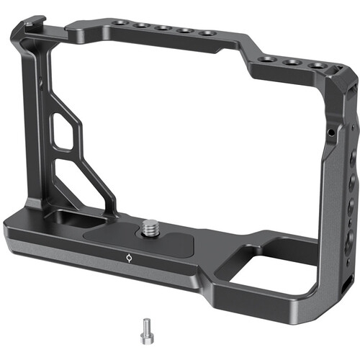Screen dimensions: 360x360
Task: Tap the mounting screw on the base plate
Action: (x=153, y=229)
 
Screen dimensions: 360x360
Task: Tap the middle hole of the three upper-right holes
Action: (x=292, y=62)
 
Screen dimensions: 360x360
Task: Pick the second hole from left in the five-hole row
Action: (x=143, y=26)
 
